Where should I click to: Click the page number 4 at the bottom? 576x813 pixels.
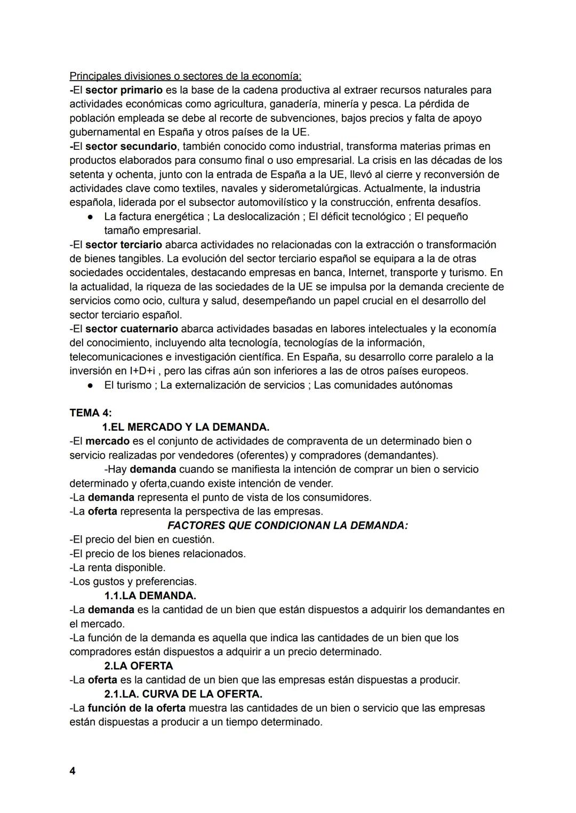pyautogui.click(x=73, y=771)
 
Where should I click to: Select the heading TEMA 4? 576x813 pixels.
pyautogui.click(x=91, y=413)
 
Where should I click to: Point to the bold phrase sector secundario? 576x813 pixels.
pyautogui.click(x=131, y=146)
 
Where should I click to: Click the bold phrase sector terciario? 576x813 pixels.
pyautogui.click(x=123, y=245)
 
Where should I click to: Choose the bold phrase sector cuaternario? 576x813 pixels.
pyautogui.click(x=131, y=329)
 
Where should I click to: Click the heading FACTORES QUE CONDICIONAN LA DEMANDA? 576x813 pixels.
pyautogui.click(x=287, y=525)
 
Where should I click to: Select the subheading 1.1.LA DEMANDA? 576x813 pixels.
pyautogui.click(x=150, y=595)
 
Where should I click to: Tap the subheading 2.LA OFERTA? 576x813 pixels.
pyautogui.click(x=139, y=666)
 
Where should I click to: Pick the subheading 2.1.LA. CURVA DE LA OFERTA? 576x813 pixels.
pyautogui.click(x=183, y=694)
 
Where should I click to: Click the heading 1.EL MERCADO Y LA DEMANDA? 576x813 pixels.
pyautogui.click(x=186, y=427)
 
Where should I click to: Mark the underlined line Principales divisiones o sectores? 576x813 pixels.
pyautogui.click(x=185, y=76)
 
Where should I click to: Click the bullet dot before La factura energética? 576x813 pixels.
pyautogui.click(x=91, y=217)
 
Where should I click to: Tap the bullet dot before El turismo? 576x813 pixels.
pyautogui.click(x=91, y=385)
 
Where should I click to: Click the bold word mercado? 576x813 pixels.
pyautogui.click(x=107, y=441)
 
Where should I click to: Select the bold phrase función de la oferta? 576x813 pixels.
pyautogui.click(x=137, y=708)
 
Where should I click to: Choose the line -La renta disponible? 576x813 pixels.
pyautogui.click(x=117, y=567)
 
